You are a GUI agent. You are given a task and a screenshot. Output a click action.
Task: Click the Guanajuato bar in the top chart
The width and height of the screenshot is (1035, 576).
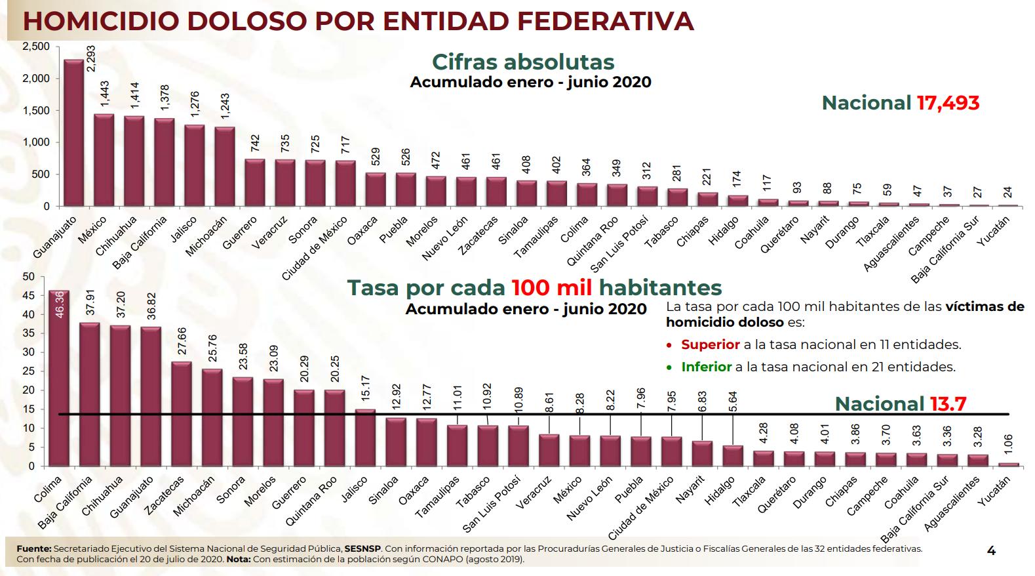[74, 133]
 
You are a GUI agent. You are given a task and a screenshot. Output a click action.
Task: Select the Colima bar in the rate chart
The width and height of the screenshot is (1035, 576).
[59, 378]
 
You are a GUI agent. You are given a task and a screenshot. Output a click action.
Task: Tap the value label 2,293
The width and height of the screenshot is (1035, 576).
[91, 58]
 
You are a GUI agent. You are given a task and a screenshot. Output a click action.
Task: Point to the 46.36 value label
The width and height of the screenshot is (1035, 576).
[60, 304]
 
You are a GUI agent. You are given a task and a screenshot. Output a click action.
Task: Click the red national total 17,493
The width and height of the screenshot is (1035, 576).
[948, 102]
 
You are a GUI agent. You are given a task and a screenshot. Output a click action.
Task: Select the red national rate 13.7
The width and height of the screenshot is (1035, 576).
[948, 404]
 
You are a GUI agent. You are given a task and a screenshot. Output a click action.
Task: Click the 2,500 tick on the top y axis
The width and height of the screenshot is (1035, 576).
[36, 46]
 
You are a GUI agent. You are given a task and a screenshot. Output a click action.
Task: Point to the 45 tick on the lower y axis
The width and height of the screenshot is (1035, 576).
[29, 295]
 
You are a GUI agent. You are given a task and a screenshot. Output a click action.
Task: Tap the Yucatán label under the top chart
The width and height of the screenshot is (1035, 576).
[994, 231]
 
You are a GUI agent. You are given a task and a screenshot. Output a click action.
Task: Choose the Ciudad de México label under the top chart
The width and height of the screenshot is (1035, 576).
[315, 248]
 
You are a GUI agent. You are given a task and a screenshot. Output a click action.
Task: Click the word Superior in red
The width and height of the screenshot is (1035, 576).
[710, 344]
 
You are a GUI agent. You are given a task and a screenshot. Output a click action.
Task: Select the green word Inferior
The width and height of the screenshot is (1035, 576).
[707, 367]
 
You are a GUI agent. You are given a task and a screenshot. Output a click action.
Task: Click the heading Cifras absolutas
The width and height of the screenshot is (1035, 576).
[523, 62]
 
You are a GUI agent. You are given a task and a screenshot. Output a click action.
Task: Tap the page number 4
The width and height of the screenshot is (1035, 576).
[991, 550]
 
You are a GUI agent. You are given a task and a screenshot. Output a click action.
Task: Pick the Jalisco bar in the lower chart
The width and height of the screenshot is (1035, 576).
[365, 438]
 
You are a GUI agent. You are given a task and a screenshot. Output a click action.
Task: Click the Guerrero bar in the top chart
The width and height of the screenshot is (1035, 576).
[255, 182]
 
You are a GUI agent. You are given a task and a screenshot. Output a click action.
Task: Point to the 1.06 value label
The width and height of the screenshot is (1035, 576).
[1008, 443]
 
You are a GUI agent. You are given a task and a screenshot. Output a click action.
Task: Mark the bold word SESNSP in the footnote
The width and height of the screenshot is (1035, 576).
[362, 548]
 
